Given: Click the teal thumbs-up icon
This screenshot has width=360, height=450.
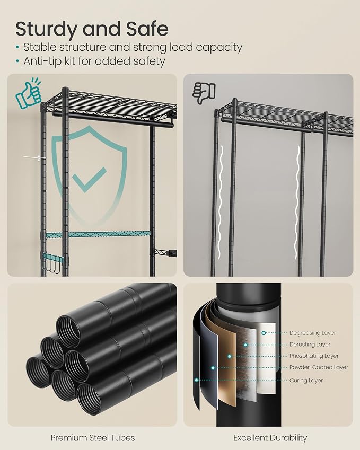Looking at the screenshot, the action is click(29, 93).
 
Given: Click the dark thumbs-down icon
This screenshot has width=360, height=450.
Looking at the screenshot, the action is click(204, 93).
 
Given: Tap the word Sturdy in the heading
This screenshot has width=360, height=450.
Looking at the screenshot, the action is click(47, 29).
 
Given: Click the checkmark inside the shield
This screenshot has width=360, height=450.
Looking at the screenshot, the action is click(89, 180).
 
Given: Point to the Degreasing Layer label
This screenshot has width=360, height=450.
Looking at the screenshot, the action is click(312, 333).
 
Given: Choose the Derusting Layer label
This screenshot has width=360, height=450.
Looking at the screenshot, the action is click(310, 345).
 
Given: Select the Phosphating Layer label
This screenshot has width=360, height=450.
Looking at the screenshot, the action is click(314, 356).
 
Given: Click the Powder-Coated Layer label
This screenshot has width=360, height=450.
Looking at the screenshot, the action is click(319, 367).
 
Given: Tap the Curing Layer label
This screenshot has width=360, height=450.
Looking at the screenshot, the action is click(306, 380).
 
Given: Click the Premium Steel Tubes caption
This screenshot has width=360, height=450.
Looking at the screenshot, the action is click(93, 438).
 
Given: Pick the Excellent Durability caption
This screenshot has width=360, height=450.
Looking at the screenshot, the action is click(270, 438).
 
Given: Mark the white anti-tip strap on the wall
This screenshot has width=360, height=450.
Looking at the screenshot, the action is click(34, 157).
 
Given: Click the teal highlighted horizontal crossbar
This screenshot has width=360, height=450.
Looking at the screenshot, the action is click(98, 234).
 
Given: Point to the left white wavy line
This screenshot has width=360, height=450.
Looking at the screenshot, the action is click(220, 201).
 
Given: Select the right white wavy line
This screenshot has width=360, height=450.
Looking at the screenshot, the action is click(298, 201).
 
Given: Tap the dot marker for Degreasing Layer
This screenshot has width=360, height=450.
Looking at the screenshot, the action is click(264, 333).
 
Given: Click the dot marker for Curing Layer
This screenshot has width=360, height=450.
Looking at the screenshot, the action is click(196, 380).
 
